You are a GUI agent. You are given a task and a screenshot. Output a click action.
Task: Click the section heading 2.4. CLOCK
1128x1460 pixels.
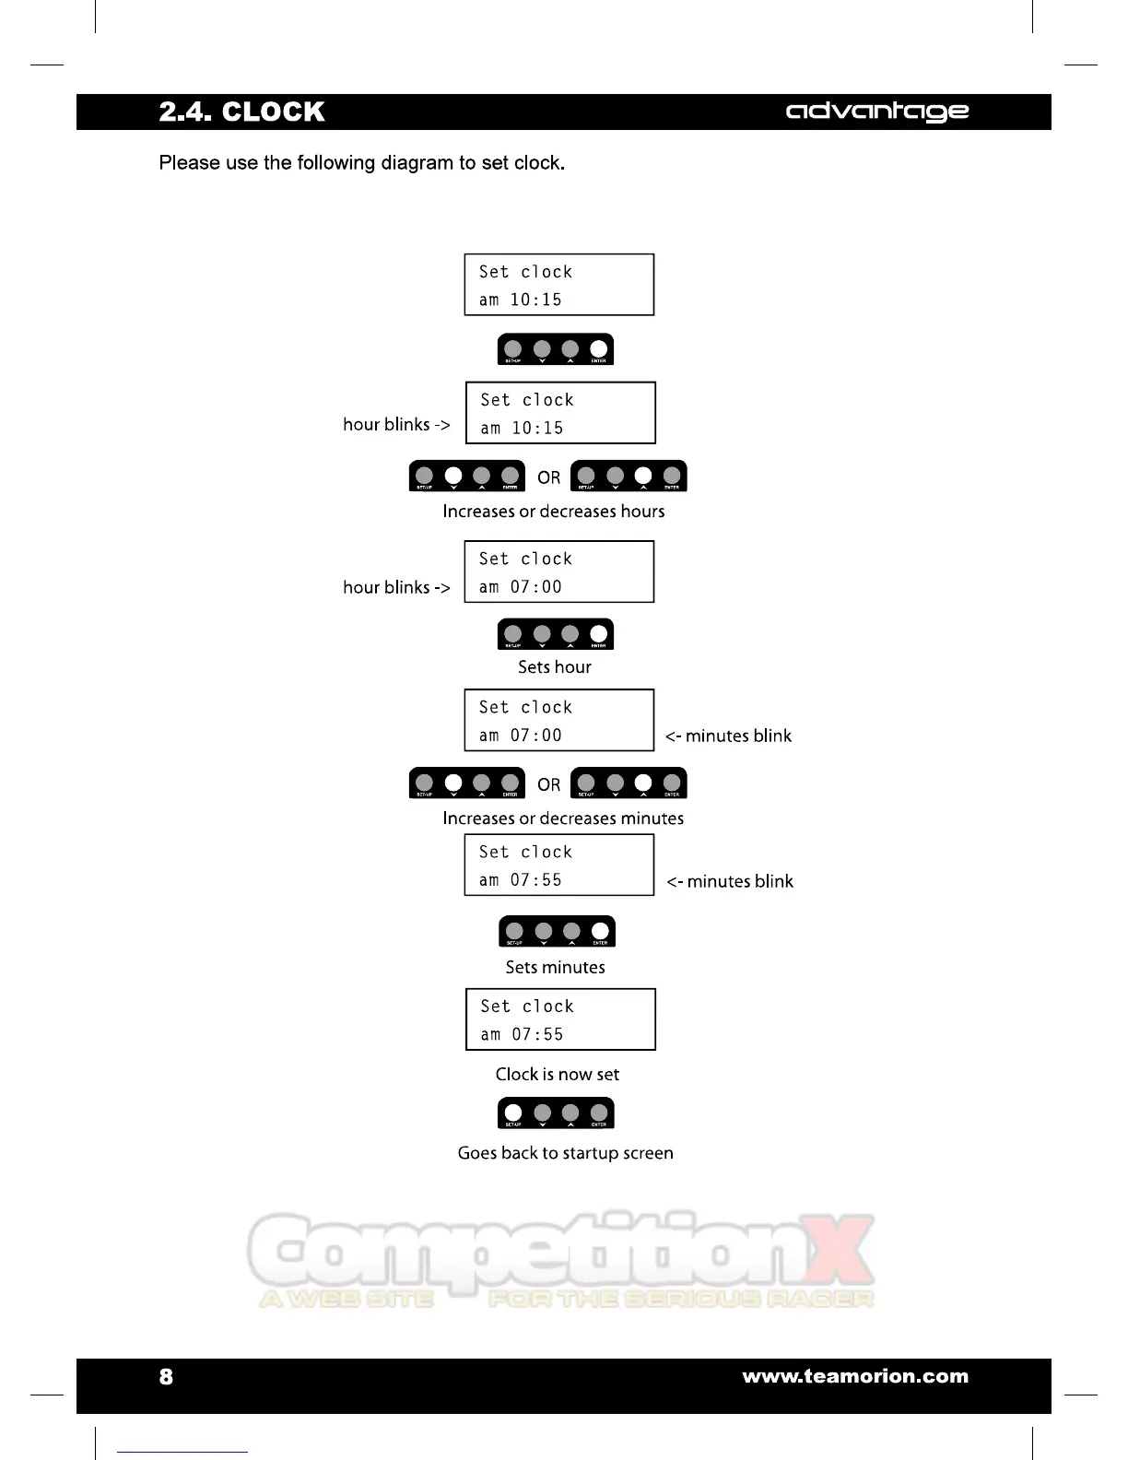(x=241, y=112)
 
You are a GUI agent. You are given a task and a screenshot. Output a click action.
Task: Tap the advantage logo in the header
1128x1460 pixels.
(x=876, y=112)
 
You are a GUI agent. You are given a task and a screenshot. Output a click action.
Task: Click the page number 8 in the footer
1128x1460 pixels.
(x=166, y=1376)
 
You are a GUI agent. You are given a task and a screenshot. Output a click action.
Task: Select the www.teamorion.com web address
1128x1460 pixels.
(x=855, y=1376)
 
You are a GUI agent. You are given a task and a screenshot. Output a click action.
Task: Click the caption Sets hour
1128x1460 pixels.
(x=555, y=666)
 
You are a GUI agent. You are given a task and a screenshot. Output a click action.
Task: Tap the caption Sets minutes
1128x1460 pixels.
(x=555, y=967)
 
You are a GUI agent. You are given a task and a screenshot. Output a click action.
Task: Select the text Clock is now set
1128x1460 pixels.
(x=557, y=1074)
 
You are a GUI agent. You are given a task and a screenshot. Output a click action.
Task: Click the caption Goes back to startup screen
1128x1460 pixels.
(x=565, y=1153)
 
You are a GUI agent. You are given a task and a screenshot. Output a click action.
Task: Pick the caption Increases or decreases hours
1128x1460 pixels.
(x=553, y=511)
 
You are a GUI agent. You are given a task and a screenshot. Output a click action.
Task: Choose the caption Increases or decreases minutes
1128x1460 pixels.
(x=563, y=818)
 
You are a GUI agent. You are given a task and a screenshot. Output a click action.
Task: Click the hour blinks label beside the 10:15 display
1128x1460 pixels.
(x=396, y=424)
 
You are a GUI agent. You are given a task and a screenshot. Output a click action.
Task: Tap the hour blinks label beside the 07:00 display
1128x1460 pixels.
(x=396, y=587)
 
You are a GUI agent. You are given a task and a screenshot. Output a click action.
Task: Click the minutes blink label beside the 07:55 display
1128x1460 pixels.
(x=730, y=881)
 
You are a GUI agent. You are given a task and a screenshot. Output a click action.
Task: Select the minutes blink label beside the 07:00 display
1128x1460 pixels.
(x=728, y=736)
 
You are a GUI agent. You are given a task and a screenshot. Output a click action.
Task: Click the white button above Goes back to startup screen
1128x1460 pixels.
(x=513, y=1112)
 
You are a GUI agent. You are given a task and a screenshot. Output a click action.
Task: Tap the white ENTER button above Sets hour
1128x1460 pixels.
(x=599, y=632)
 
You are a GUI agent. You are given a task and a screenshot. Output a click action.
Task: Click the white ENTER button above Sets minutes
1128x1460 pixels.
(x=600, y=930)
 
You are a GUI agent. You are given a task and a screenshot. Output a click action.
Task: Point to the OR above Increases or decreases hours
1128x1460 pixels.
(x=548, y=477)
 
